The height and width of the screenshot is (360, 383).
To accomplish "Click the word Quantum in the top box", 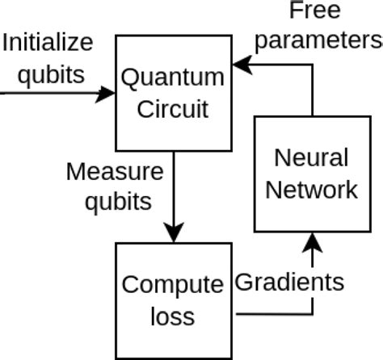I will click(x=172, y=78).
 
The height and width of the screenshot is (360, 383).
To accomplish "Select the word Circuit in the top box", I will click(x=172, y=107).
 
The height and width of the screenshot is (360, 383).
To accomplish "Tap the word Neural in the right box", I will click(x=311, y=158).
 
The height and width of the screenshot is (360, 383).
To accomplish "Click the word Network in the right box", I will click(x=311, y=189).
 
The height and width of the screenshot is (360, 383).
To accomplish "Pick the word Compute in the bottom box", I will click(x=172, y=285).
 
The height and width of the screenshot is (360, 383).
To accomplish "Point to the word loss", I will click(x=172, y=315).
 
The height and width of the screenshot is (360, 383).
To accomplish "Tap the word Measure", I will click(x=115, y=171).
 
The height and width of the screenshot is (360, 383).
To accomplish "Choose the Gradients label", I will click(x=289, y=283).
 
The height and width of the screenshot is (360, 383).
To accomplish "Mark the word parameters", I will click(x=324, y=40).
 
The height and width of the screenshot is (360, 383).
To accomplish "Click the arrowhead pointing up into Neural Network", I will click(x=311, y=240).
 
